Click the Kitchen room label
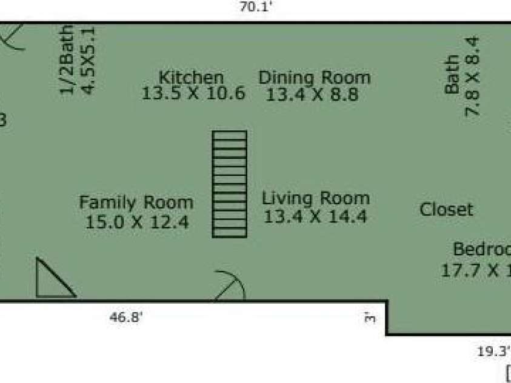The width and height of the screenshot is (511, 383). (191, 78)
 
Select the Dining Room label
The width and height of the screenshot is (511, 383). (314, 78)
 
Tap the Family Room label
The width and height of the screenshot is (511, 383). (136, 202)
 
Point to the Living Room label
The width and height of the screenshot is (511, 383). (315, 198)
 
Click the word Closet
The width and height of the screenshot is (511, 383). (446, 210)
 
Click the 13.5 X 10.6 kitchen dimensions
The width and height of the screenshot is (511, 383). (193, 94)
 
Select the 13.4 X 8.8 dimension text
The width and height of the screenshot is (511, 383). (312, 95)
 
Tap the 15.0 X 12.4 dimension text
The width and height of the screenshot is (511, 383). (136, 222)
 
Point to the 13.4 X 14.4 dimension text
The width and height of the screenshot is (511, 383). (315, 216)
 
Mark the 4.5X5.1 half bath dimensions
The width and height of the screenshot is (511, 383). (88, 59)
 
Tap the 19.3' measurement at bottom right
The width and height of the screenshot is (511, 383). (492, 350)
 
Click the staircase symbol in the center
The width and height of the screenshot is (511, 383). (230, 184)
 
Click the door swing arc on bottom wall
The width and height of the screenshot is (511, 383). (230, 287)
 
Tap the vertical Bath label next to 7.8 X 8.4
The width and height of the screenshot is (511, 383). (452, 75)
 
